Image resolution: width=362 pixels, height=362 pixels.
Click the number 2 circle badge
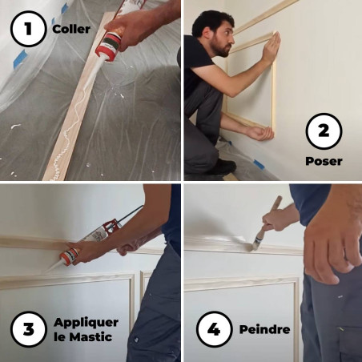(x=324, y=132)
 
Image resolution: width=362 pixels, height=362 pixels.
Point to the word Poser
(x=324, y=161)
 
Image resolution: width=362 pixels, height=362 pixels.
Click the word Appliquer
(x=86, y=322)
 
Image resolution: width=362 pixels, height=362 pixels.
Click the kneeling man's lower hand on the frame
(x=259, y=131)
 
